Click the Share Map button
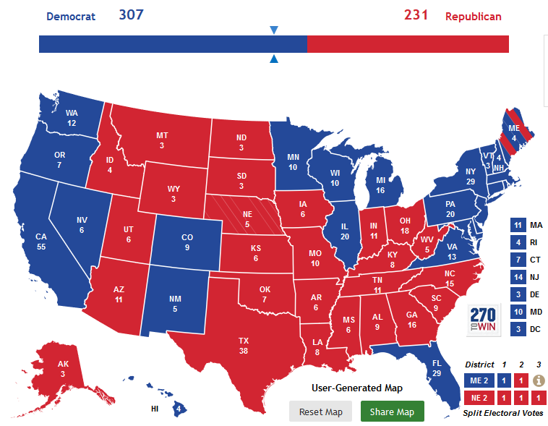pyautogui.click(x=392, y=412)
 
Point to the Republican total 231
pyautogui.click(x=416, y=14)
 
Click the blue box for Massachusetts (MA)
pyautogui.click(x=517, y=225)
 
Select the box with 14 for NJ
pyautogui.click(x=517, y=277)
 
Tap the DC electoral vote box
pyautogui.click(x=517, y=329)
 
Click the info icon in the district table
pyautogui.click(x=538, y=380)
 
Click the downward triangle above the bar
pyautogui.click(x=273, y=30)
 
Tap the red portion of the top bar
pyautogui.click(x=408, y=44)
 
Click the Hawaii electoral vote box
pyautogui.click(x=179, y=409)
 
